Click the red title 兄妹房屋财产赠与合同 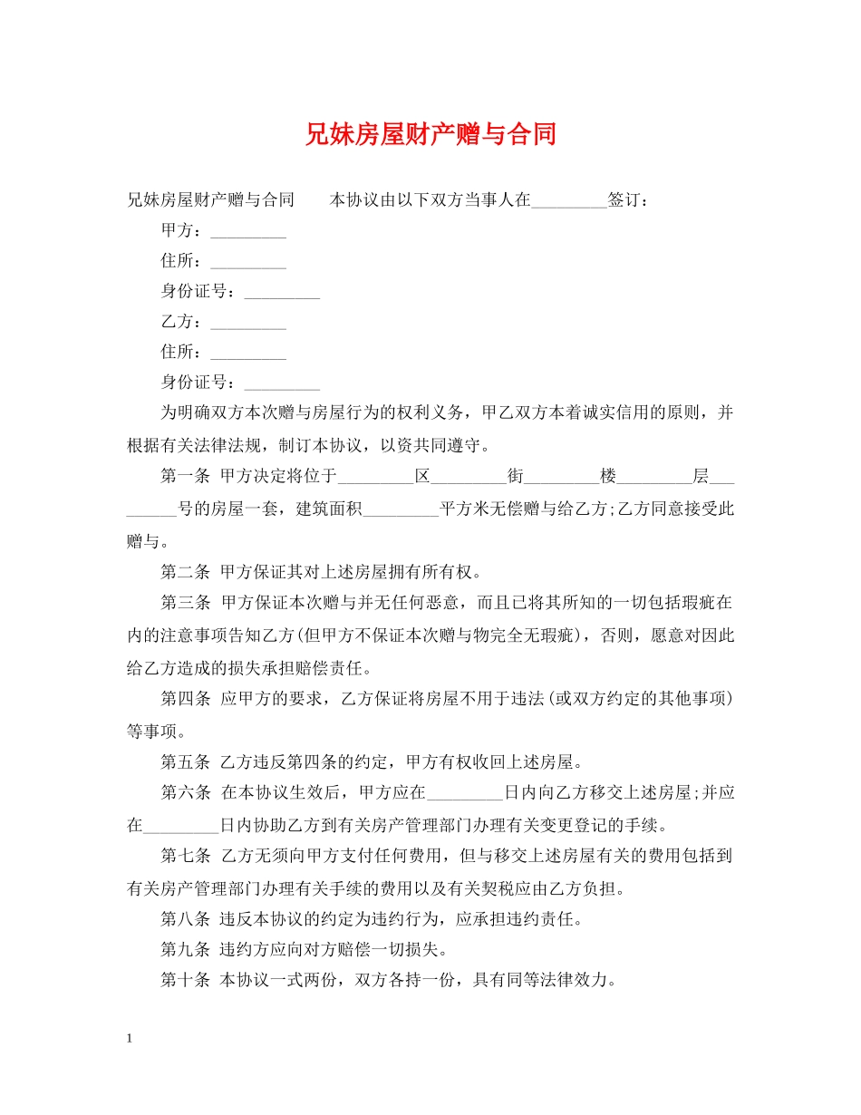point(430,135)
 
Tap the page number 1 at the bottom point(130,1038)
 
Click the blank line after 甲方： point(247,233)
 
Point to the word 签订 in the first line point(624,200)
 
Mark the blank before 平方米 point(400,509)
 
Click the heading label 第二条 point(186,572)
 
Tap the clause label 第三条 point(186,603)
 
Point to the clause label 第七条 point(186,855)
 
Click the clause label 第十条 point(186,980)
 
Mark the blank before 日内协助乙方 point(182,826)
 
